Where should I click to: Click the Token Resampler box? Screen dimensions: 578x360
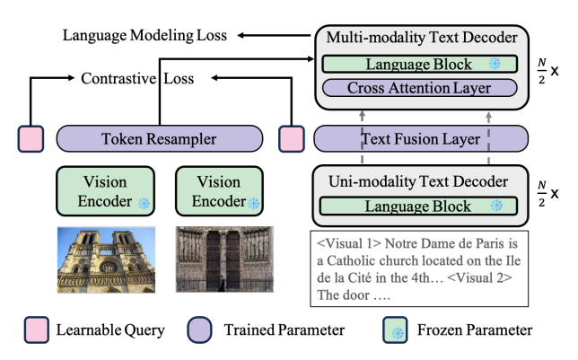click(x=159, y=138)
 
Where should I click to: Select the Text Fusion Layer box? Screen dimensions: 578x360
click(x=421, y=138)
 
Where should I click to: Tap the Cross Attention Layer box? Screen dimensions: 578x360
click(x=419, y=88)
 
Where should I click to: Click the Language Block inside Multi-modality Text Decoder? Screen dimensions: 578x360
click(x=419, y=64)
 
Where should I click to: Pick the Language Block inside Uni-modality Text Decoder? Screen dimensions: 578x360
click(x=418, y=206)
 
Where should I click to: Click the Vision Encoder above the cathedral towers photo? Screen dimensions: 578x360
click(x=105, y=191)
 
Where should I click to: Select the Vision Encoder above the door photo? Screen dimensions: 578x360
click(x=219, y=191)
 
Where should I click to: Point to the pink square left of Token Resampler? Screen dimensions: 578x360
click(x=31, y=138)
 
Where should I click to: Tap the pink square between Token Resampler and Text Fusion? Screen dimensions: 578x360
click(x=292, y=138)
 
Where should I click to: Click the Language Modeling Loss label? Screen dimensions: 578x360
click(x=144, y=35)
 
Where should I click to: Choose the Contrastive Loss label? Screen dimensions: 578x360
click(x=137, y=78)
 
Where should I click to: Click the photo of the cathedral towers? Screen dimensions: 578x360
click(x=106, y=259)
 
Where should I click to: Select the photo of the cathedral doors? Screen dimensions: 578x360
click(x=224, y=259)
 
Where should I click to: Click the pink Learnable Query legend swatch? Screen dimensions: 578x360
click(x=37, y=329)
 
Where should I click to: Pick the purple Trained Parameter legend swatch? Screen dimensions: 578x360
click(x=199, y=329)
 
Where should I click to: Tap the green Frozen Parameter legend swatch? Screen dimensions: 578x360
click(x=395, y=329)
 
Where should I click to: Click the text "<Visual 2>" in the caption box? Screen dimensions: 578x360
click(x=479, y=277)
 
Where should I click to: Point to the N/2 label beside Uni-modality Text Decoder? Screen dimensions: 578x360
click(x=541, y=194)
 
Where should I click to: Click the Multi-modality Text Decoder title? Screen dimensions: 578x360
click(x=422, y=38)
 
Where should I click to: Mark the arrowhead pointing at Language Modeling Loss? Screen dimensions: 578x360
click(x=241, y=35)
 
